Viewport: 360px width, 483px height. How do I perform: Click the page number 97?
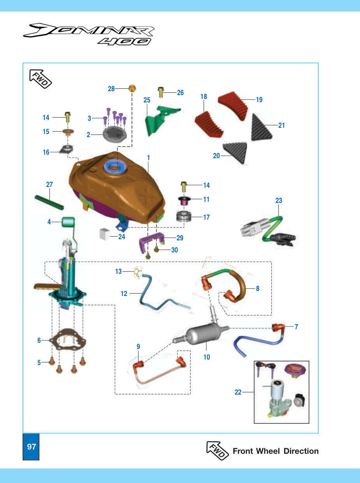pos(32,446)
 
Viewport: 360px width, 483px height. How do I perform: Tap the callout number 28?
pos(111,89)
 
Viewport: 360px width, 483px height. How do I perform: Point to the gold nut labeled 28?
pos(132,88)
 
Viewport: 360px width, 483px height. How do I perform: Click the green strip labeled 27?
pos(49,202)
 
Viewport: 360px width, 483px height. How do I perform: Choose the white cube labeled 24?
pos(105,234)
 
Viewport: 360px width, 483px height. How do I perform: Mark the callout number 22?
pos(238,392)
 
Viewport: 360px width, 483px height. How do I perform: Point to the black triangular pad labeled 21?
pos(261,128)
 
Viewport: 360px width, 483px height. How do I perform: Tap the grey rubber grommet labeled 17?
pos(184,217)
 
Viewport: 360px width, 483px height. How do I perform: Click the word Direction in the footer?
pos(301,451)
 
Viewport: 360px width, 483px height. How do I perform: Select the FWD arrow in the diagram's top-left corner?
pos(40,79)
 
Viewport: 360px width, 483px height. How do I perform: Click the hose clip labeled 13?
pos(138,272)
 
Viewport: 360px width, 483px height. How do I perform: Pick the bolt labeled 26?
pos(161,92)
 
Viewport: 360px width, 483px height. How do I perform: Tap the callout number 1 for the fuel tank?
pos(149,157)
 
